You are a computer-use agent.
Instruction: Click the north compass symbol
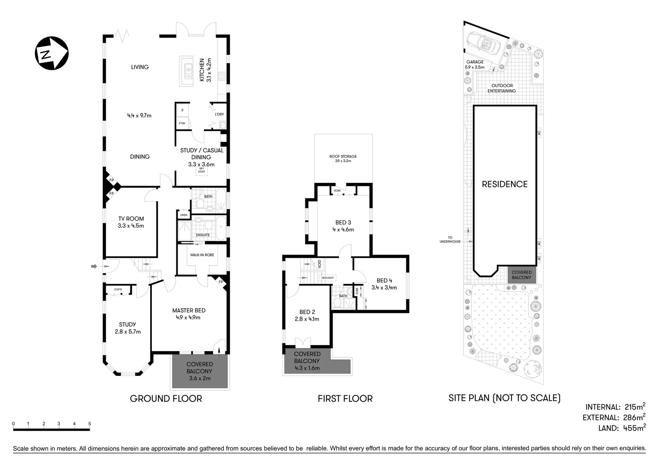pos(51,53)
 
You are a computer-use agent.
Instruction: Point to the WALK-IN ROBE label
pos(202,255)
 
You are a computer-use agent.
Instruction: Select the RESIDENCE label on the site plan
pos(504,184)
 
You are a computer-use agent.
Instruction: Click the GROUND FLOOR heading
pos(166,398)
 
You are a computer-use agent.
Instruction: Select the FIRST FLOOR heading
pos(345,399)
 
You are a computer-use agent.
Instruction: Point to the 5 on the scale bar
pos(90,424)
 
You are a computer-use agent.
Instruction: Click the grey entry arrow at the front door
pos(94,267)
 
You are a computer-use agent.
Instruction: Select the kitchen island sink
pos(188,71)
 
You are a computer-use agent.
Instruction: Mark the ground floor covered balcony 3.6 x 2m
pos(200,371)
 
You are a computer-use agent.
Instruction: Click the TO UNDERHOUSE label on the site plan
pos(450,239)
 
